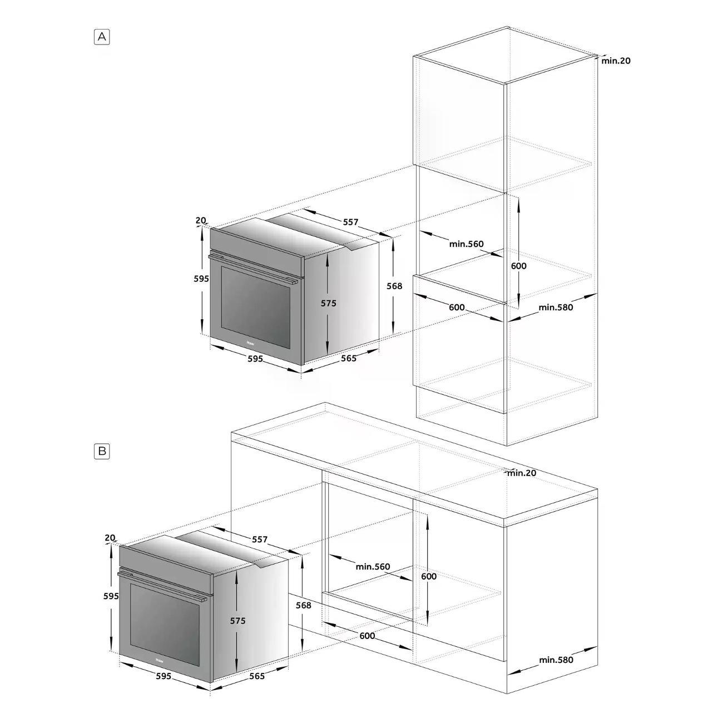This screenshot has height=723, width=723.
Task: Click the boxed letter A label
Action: [102, 37]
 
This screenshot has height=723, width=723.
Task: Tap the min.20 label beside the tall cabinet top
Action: [616, 61]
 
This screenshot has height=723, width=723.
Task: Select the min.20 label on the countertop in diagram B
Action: [522, 473]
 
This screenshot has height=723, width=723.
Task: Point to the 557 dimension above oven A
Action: [350, 222]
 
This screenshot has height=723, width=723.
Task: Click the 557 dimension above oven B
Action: [260, 539]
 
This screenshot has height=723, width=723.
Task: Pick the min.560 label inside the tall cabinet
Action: [467, 244]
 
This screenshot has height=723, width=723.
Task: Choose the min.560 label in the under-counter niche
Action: [373, 567]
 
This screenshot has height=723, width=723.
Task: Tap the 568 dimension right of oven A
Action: [394, 286]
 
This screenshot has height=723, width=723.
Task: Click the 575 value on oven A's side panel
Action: [328, 303]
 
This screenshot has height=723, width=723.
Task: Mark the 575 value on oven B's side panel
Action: [237, 621]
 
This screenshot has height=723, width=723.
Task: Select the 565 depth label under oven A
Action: [349, 358]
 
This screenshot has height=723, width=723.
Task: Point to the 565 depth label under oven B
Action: [257, 676]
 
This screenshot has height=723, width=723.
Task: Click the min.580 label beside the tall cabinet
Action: [556, 308]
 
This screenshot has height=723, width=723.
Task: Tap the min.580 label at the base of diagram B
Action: [556, 660]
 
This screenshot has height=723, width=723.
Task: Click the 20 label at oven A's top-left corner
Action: [201, 220]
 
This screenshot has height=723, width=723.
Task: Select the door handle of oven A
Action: [253, 269]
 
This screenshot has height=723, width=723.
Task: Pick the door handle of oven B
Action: [162, 586]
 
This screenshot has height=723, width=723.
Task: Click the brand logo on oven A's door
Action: [250, 343]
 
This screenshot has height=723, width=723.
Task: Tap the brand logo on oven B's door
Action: [160, 660]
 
